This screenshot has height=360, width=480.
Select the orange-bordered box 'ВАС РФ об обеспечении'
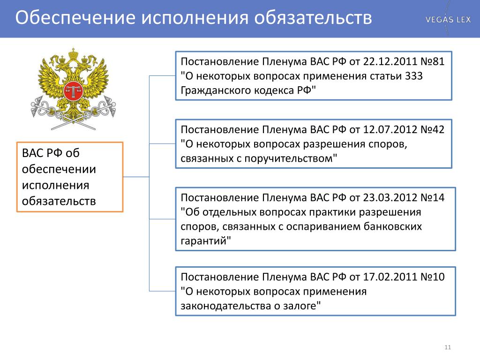point(70,177)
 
